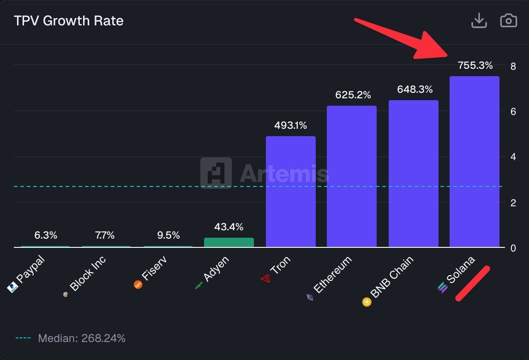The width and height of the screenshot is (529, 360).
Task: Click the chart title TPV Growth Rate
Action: tap(69, 21)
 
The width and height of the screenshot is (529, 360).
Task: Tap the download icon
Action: tap(479, 21)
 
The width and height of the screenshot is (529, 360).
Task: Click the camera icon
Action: tap(508, 21)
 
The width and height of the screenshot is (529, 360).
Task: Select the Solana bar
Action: tap(475, 162)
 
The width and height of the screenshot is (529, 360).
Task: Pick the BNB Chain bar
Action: tap(413, 174)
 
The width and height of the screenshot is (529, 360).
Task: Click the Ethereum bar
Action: tap(352, 176)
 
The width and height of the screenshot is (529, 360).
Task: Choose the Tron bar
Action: tap(291, 192)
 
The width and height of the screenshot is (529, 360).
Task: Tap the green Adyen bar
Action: tap(229, 242)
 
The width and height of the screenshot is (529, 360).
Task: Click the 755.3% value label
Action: tap(475, 66)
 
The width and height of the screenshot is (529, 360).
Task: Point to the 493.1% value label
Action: tap(290, 125)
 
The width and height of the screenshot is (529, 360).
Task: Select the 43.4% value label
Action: tap(228, 227)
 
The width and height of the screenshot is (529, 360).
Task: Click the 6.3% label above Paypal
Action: tap(46, 235)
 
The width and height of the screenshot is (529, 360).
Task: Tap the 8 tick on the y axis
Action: tap(513, 66)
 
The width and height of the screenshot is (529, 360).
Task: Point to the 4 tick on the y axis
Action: tap(513, 157)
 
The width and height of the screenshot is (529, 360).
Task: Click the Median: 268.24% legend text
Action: tap(82, 338)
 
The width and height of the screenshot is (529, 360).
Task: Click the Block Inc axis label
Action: tap(88, 274)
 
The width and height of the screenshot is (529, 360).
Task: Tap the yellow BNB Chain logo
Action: tap(367, 302)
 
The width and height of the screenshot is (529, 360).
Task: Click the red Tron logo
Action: tap(265, 278)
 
